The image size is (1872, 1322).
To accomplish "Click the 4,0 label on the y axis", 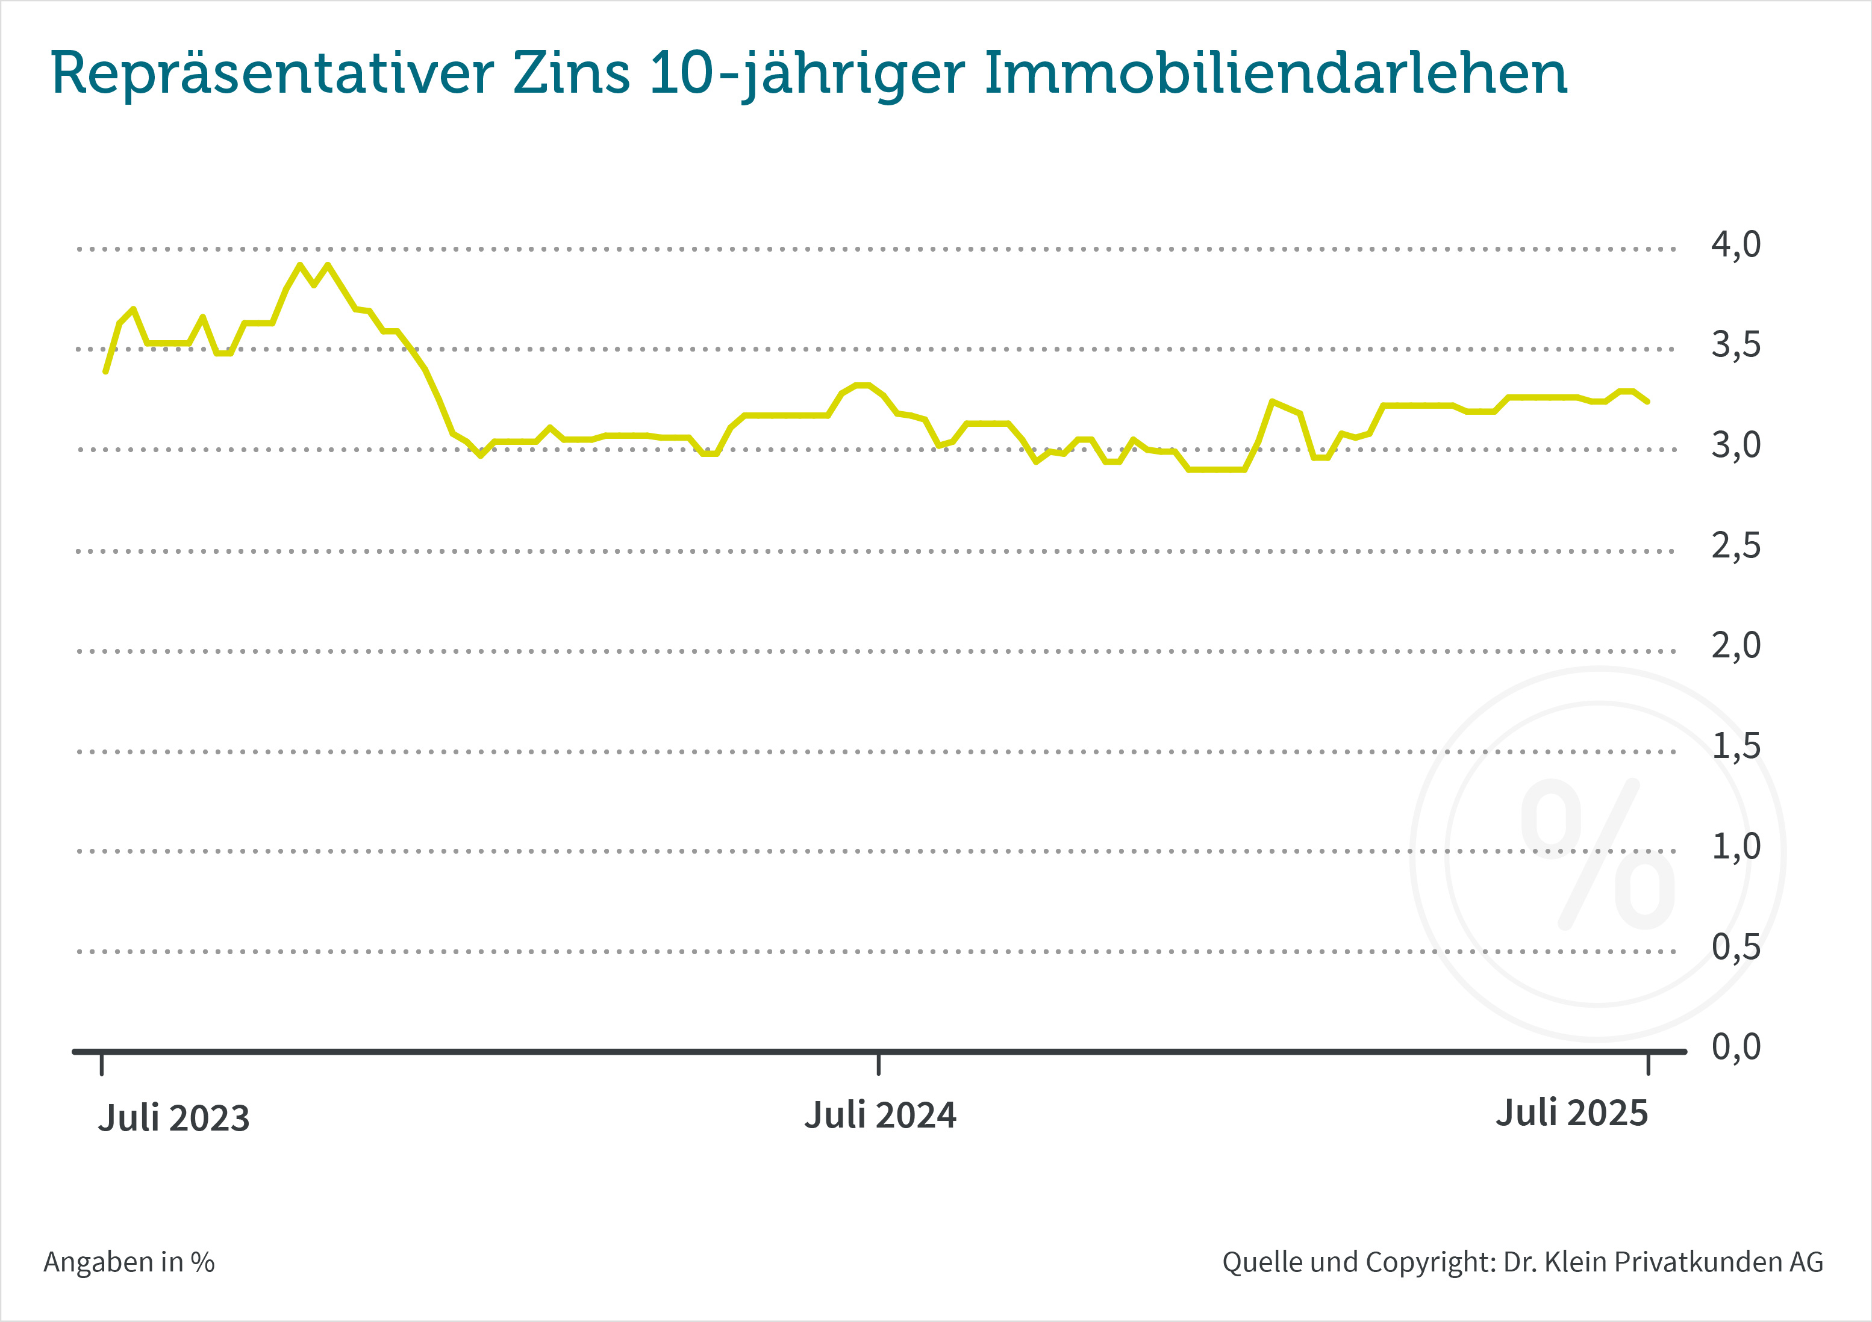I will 1735,244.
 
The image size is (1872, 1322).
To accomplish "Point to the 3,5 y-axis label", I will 1735,346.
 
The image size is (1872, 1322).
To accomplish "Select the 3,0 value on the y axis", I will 1735,446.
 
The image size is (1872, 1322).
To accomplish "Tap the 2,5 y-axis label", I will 1735,546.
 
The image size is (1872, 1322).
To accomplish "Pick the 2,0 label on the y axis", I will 1735,647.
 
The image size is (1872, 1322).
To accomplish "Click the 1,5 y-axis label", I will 1735,746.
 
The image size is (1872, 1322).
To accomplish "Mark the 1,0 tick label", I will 1735,847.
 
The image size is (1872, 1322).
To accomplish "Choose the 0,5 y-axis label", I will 1735,947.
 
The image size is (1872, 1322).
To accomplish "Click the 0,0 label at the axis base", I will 1735,1047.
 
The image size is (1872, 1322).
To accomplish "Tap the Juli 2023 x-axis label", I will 173,1119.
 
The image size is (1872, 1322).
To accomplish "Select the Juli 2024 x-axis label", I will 880,1116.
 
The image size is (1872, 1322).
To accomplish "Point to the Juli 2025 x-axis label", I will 1571,1113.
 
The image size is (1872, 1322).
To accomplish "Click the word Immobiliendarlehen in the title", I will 1275,74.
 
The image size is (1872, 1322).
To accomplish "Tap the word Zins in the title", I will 572,74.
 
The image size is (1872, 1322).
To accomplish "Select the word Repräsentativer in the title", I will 272,74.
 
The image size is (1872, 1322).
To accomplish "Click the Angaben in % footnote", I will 129,1262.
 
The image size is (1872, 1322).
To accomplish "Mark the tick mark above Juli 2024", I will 878,1064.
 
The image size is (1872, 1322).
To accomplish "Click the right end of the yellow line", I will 1648,401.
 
